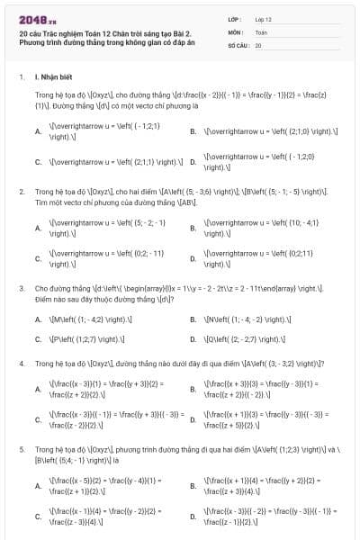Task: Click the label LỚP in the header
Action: click(234, 18)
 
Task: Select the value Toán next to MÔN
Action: click(261, 31)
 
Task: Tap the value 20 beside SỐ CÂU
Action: click(258, 44)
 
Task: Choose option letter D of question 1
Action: click(193, 163)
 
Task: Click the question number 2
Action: click(22, 192)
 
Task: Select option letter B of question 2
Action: click(193, 227)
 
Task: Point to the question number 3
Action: click(22, 288)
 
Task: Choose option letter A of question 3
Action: click(38, 319)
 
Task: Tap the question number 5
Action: click(22, 448)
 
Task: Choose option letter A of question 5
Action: click(38, 486)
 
